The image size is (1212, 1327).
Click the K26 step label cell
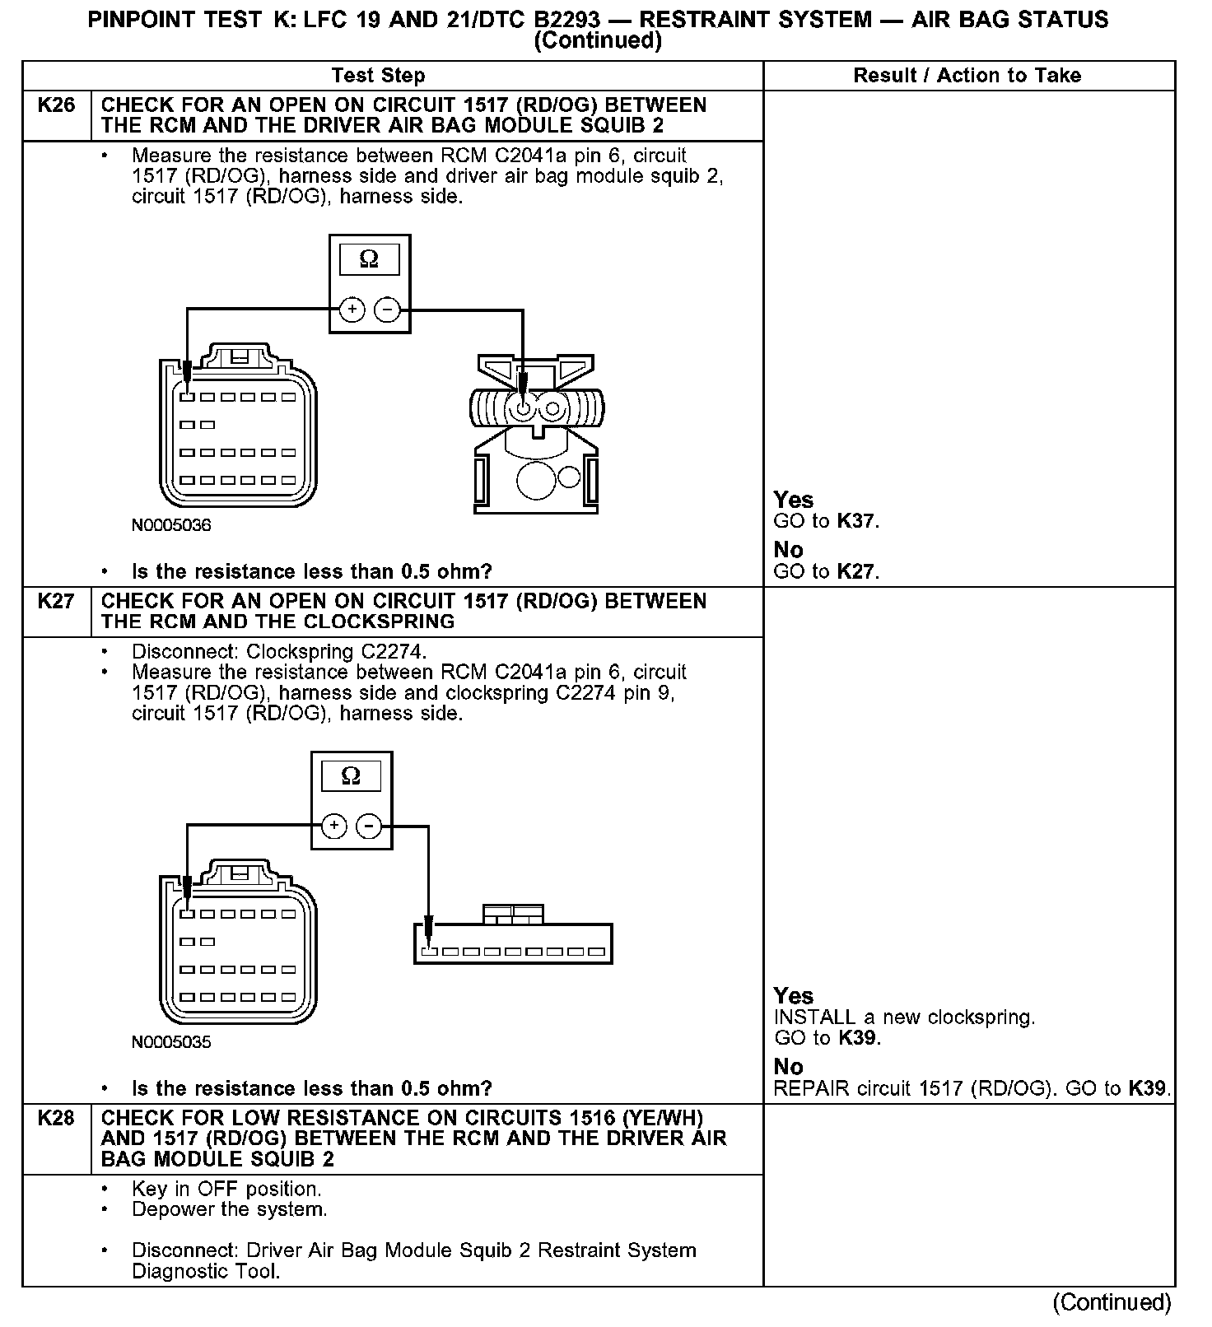point(56,105)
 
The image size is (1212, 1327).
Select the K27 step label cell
point(56,602)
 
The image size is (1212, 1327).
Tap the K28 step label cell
point(56,1119)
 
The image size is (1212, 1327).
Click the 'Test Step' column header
point(378,76)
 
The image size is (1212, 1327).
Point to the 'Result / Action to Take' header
point(967,76)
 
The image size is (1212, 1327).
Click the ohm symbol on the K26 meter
point(370,259)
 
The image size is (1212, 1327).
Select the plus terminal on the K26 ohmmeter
point(352,310)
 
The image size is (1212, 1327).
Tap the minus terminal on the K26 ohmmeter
point(387,310)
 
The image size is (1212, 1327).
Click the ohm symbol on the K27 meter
point(351,776)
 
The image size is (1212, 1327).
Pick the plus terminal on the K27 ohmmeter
point(333,826)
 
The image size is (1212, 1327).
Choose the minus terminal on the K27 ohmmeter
point(369,826)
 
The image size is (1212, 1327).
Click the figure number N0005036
point(171,525)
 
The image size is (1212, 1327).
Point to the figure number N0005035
point(171,1042)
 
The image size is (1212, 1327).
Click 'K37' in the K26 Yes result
point(856,521)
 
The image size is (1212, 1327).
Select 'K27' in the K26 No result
point(856,571)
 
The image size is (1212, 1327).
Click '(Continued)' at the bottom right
point(1112,1302)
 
